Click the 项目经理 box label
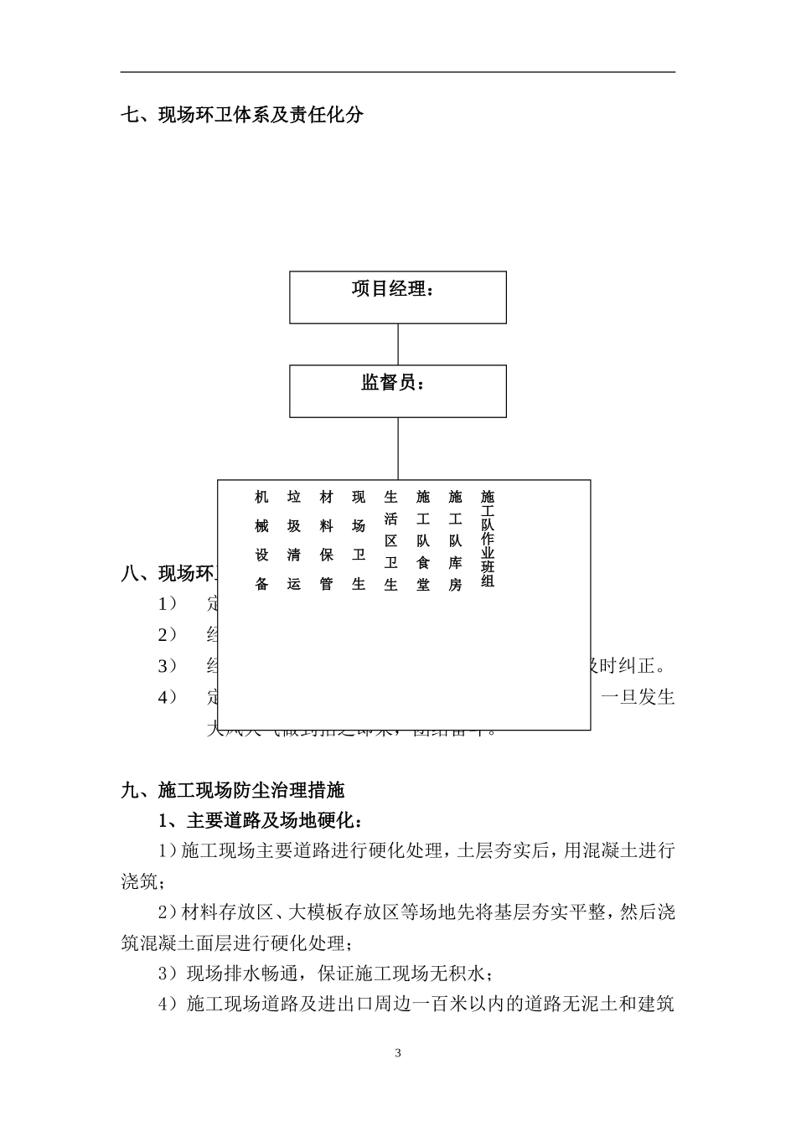click(392, 290)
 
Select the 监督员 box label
click(392, 384)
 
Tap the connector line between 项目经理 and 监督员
click(398, 344)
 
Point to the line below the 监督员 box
click(398, 448)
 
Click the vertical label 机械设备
click(261, 540)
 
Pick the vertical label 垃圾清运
click(293, 540)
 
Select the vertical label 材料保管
click(326, 540)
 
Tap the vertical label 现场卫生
click(359, 540)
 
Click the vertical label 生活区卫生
click(390, 540)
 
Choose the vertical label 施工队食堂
click(423, 540)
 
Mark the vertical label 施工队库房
click(455, 540)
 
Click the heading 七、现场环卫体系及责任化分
click(242, 115)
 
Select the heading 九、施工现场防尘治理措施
click(233, 789)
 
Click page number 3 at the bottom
click(398, 1053)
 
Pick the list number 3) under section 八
click(168, 666)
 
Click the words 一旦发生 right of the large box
click(638, 697)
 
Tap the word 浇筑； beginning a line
click(143, 881)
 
